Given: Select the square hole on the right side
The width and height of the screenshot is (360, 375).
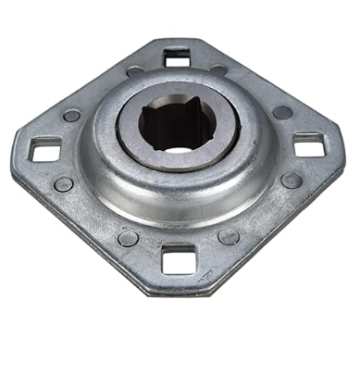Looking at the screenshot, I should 308,145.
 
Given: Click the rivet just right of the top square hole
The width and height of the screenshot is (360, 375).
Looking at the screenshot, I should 218,70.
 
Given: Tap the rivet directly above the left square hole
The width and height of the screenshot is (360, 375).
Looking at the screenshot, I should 71,116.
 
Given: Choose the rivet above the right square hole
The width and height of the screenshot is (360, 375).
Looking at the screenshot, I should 282,112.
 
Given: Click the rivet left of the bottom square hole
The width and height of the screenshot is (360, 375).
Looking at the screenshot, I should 129,238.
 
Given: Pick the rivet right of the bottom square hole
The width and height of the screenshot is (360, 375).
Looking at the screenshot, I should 228,236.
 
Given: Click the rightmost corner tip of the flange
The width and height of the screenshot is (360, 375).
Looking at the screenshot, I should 344,148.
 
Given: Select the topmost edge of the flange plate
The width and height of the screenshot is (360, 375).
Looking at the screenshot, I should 177,40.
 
